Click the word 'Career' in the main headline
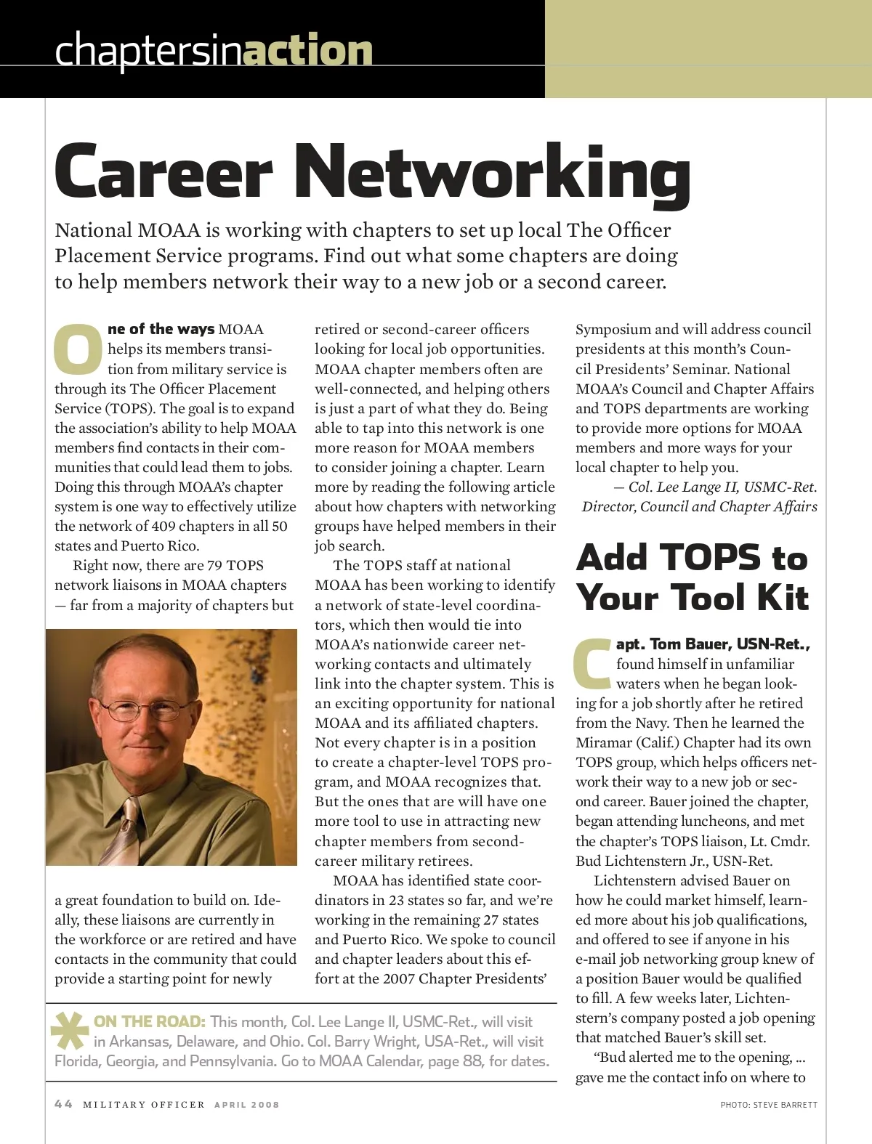point(163,173)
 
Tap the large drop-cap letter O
point(78,349)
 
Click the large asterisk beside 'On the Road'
point(70,1030)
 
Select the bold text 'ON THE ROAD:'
point(150,1022)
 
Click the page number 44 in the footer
point(63,1104)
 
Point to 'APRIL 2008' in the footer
point(246,1105)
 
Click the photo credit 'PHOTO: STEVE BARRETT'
point(768,1105)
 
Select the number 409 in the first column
point(163,526)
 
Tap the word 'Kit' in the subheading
point(783,598)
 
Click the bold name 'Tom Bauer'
point(690,644)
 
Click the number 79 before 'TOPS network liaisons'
point(214,565)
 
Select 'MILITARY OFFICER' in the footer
point(144,1105)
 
